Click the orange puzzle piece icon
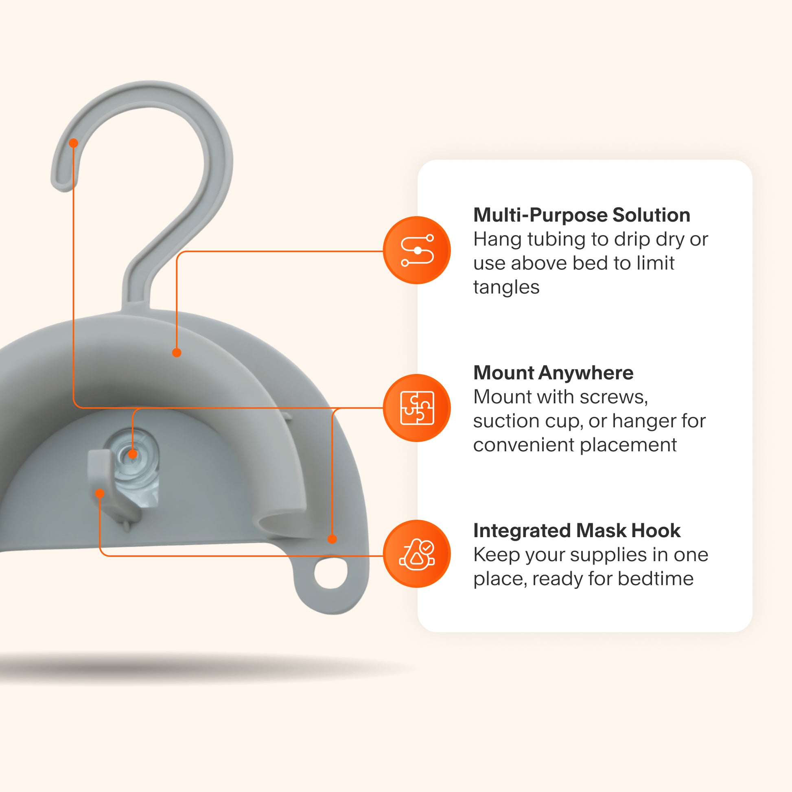[x=416, y=408]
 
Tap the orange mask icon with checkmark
[x=416, y=554]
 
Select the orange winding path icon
[x=416, y=250]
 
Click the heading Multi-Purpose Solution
[x=581, y=215]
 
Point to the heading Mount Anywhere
[x=553, y=373]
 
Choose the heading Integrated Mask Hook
[x=576, y=530]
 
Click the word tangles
[x=506, y=287]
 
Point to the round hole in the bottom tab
[x=330, y=573]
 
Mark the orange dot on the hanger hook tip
[x=73, y=143]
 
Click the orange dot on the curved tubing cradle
[x=177, y=352]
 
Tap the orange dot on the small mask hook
[x=100, y=493]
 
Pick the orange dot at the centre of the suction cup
[x=132, y=454]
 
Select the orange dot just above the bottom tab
[x=332, y=539]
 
